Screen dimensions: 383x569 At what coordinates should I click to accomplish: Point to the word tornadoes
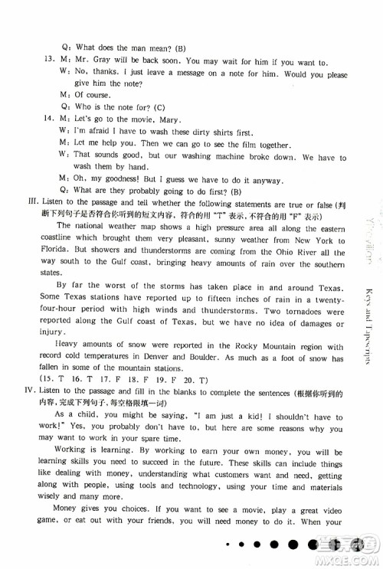(x=293, y=309)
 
